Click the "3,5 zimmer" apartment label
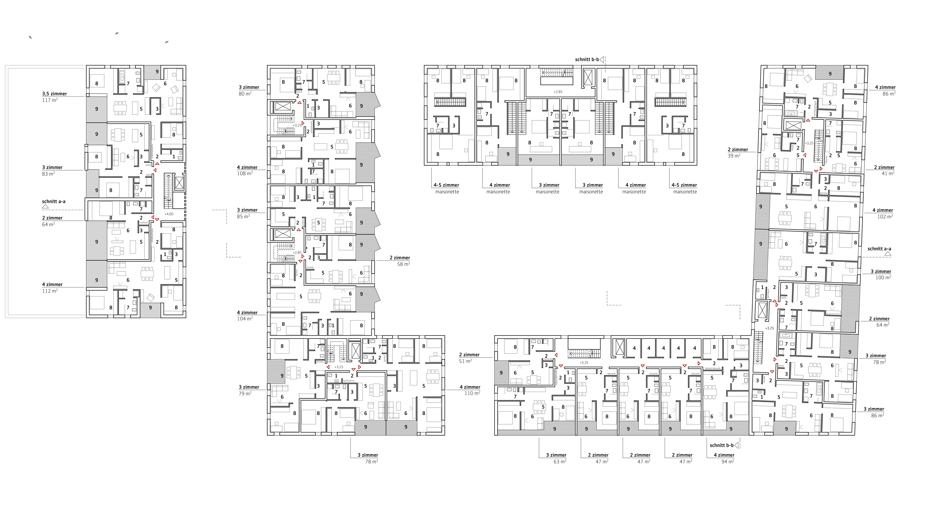click(54, 94)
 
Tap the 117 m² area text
click(50, 100)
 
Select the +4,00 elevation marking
click(169, 214)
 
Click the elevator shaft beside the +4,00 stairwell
click(179, 183)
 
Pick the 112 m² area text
click(50, 291)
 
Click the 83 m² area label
click(48, 174)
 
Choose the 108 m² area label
click(245, 174)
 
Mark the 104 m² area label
click(245, 319)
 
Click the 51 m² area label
click(466, 361)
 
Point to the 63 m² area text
click(560, 461)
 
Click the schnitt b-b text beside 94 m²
click(721, 445)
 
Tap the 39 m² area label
click(734, 156)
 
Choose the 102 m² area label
click(885, 217)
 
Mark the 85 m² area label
click(243, 216)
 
